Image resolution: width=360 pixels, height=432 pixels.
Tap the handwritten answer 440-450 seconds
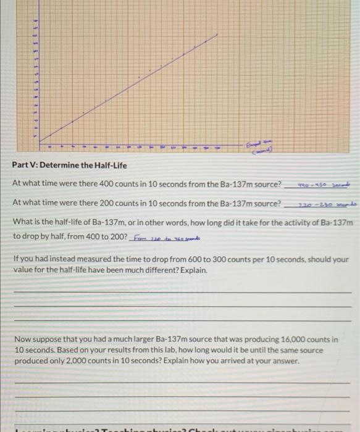(315, 183)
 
